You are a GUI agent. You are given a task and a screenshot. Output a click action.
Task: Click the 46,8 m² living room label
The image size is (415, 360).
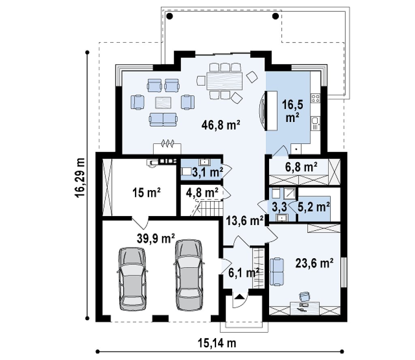coord(221,124)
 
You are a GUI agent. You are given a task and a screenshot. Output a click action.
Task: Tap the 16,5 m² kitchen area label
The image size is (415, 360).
coord(292,111)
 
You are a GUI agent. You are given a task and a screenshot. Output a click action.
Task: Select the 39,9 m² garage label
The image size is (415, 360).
coord(156,238)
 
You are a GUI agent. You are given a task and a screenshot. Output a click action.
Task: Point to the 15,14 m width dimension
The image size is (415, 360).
coord(217,343)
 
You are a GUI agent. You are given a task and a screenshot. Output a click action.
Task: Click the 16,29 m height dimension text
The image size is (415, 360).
coord(80,178)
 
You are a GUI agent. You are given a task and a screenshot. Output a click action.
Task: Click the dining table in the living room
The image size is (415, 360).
coord(225,81)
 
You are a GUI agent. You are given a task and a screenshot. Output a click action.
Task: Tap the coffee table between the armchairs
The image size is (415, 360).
coord(163,103)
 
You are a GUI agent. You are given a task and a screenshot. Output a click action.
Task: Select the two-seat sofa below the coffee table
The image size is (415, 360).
coord(163,119)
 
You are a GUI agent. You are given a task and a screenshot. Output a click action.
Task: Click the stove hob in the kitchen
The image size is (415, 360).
coord(315,99)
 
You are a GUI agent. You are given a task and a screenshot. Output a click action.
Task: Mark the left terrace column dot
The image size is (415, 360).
coord(170,16)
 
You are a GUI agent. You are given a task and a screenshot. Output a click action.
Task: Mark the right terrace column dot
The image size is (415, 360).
coord(276,16)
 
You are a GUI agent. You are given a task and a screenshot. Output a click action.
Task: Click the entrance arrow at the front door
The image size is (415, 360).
coord(239,296)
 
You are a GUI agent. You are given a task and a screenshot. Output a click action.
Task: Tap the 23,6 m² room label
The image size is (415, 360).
coord(314,263)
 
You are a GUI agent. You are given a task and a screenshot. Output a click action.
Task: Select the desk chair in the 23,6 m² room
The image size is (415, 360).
coord(304,296)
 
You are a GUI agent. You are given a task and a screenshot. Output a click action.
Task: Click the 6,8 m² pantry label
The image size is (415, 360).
coord(301,167)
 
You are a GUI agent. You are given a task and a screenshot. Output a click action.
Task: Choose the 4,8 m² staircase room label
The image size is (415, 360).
coord(202,193)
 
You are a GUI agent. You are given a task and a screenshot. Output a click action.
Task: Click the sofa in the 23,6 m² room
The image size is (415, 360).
coord(276,272)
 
